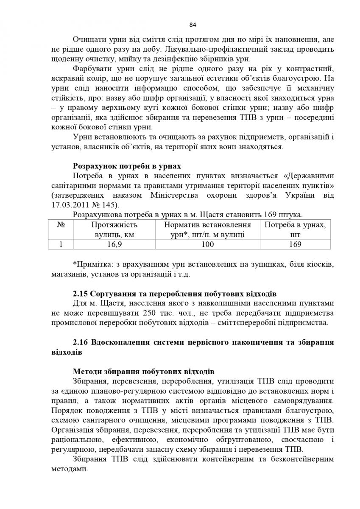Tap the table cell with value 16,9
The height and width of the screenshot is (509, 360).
(114, 244)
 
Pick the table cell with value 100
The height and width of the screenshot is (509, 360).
(207, 244)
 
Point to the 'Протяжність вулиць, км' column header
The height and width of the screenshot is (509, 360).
(114, 229)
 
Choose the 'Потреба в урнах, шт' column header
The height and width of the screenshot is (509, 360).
(295, 229)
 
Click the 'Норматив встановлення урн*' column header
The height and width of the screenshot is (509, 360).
(207, 229)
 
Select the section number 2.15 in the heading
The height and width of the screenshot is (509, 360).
(81, 293)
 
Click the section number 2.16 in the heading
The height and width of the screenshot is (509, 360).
(81, 342)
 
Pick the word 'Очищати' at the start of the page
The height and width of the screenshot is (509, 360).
(88, 39)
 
